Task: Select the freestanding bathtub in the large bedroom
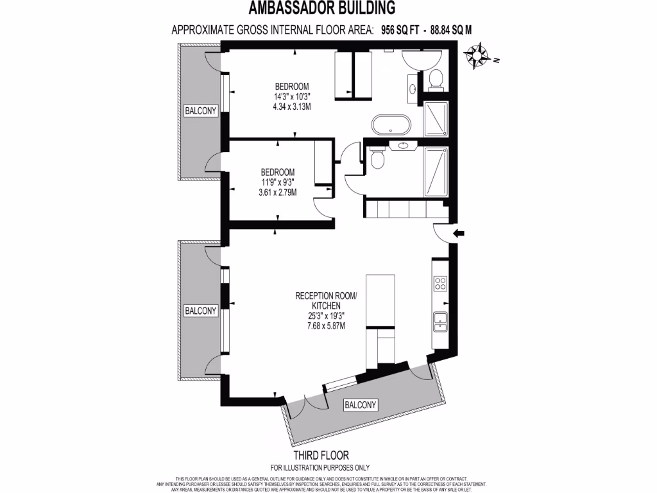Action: (x=392, y=125)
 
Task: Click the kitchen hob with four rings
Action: (x=441, y=284)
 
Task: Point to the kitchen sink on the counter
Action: (x=440, y=321)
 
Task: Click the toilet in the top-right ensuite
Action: (x=435, y=80)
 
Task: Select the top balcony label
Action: (x=200, y=110)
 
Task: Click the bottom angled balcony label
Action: (x=360, y=405)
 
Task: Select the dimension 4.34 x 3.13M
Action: (x=292, y=107)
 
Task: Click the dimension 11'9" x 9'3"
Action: (x=277, y=182)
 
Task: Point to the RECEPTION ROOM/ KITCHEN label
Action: (x=325, y=301)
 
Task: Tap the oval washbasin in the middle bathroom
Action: (x=403, y=146)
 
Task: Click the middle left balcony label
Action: (x=200, y=311)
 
